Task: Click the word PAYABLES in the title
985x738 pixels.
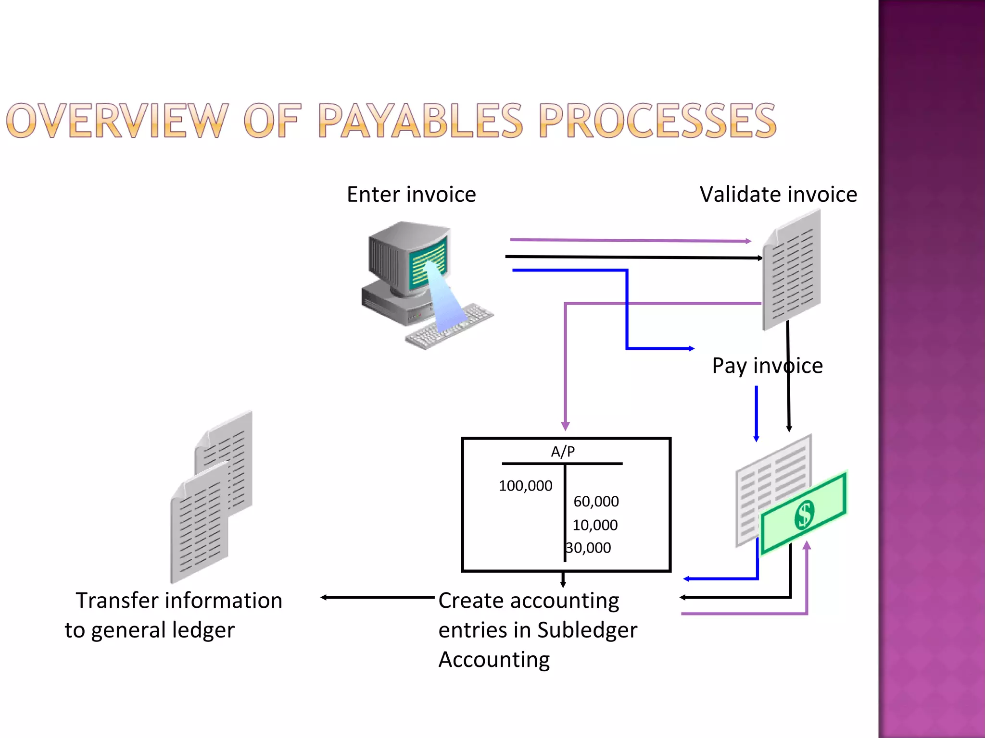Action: point(420,121)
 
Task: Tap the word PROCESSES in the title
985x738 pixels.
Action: point(657,121)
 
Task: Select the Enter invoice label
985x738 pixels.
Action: point(411,195)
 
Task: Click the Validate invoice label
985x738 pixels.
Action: point(778,195)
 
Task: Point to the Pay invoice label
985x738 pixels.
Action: point(767,366)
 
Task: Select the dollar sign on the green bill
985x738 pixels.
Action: point(804,515)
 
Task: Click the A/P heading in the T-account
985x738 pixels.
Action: point(562,452)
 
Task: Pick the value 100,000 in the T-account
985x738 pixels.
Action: point(525,486)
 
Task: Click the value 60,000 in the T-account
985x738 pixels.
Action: point(596,502)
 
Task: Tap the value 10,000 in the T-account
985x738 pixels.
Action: point(595,525)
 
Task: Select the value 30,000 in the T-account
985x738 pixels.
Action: point(588,548)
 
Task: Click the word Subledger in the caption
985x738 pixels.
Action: point(587,630)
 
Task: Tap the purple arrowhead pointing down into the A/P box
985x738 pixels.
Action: point(566,426)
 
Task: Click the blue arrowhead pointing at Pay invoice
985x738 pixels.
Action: point(691,348)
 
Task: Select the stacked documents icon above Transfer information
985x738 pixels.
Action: point(212,497)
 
